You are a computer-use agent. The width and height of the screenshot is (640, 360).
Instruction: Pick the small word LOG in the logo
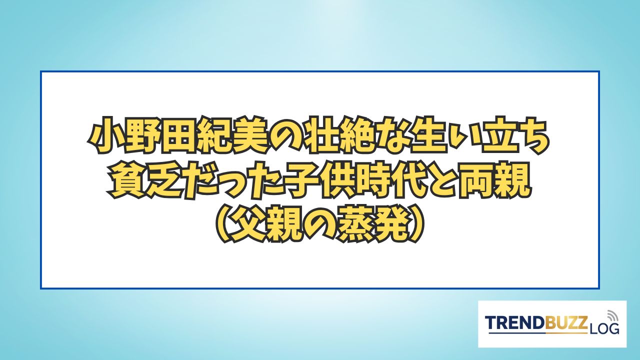tap(602, 328)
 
